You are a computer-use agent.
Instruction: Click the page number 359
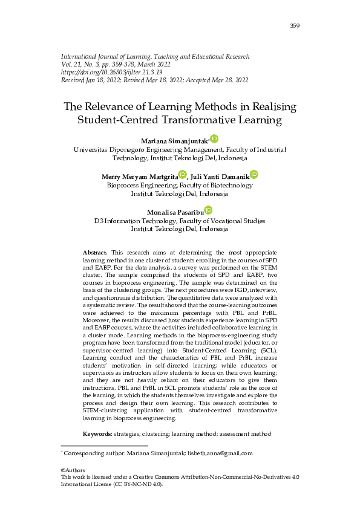point(295,25)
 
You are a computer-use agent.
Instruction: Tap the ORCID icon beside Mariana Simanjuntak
point(214,139)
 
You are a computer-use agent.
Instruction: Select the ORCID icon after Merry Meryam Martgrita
point(183,175)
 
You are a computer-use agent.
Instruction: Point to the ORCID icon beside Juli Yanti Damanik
point(254,175)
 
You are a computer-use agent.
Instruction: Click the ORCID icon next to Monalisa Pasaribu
point(208,210)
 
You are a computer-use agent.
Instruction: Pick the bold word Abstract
point(94,251)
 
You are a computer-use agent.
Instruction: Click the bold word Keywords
point(97,434)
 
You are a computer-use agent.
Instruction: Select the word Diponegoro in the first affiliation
point(131,149)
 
